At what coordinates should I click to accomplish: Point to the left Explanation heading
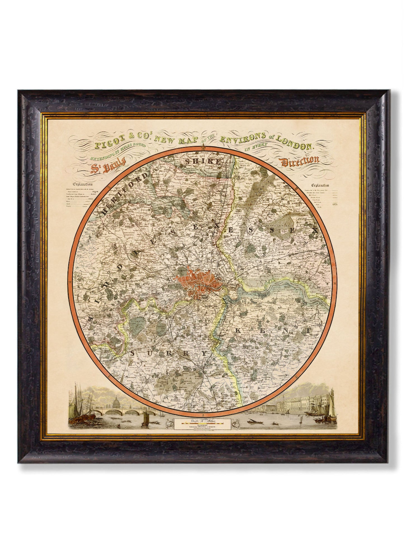pyautogui.click(x=83, y=184)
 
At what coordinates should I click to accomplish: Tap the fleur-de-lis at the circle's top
pyautogui.click(x=203, y=147)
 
